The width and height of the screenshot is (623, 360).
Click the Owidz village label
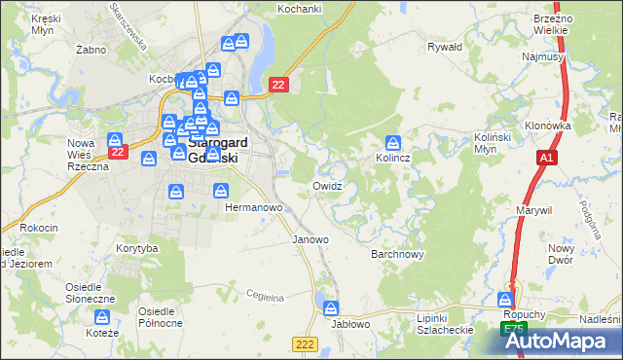point(327,185)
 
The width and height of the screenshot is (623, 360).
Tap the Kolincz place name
point(392,157)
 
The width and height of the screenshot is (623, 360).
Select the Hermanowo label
point(253,208)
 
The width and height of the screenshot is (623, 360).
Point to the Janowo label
point(311,238)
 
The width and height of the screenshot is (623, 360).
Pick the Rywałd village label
point(445,46)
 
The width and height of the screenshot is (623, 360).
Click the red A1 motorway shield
point(545,158)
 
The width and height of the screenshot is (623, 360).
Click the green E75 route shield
point(513,330)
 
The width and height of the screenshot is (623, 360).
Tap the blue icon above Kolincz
point(392,141)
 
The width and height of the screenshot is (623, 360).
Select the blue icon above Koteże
point(101,317)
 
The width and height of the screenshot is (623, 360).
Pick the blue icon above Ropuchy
point(506,299)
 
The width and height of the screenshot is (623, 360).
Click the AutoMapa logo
point(562,341)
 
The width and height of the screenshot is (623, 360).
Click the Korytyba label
point(136,248)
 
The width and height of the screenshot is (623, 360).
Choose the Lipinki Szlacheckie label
point(445,324)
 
